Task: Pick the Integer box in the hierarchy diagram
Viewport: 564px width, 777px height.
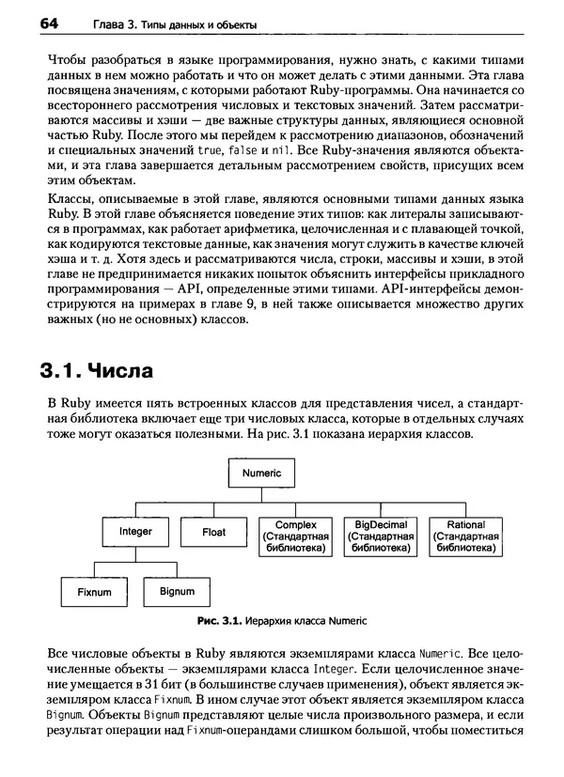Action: (135, 532)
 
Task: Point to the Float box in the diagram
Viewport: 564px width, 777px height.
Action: (214, 532)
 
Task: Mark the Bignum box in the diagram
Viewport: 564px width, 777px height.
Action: (178, 592)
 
